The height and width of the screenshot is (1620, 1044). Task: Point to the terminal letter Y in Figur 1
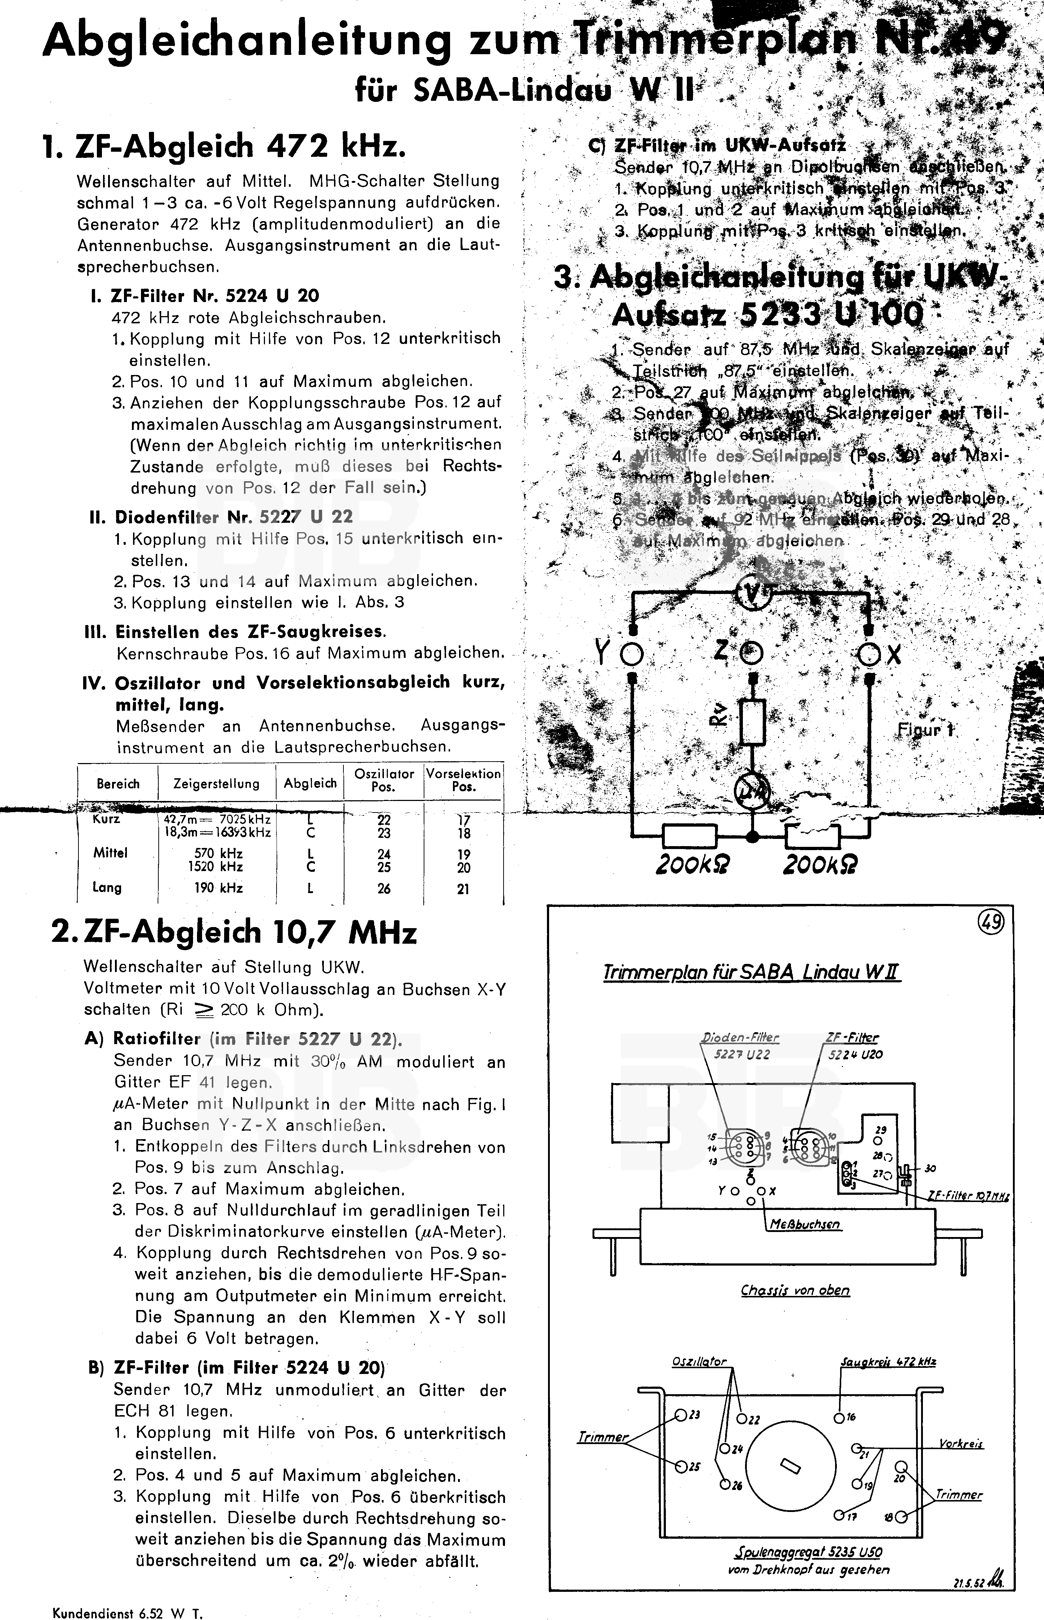(601, 652)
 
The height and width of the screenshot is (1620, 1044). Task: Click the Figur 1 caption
(925, 730)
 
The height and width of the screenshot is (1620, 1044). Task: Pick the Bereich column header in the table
(118, 784)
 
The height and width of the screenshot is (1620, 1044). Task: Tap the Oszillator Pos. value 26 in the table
(384, 888)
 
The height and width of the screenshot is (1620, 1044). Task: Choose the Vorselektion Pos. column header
(463, 780)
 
